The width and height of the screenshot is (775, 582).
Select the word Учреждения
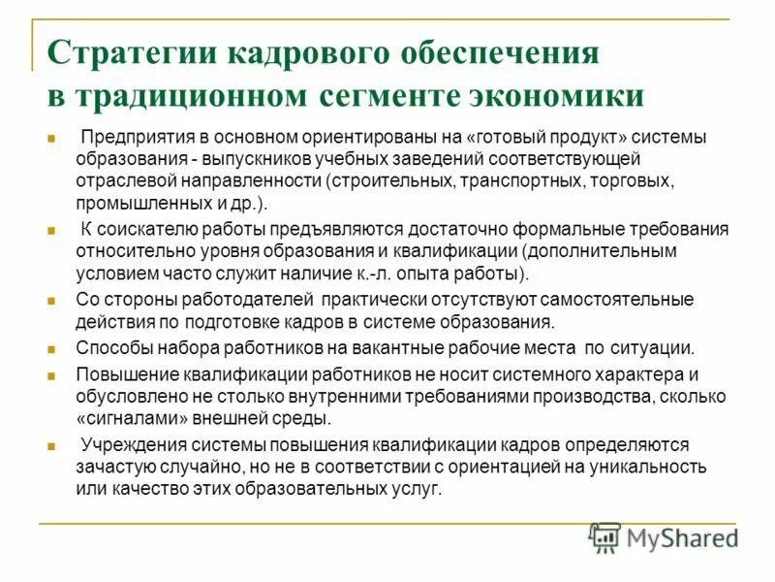(x=126, y=445)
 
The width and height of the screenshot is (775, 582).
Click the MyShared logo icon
(x=604, y=536)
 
